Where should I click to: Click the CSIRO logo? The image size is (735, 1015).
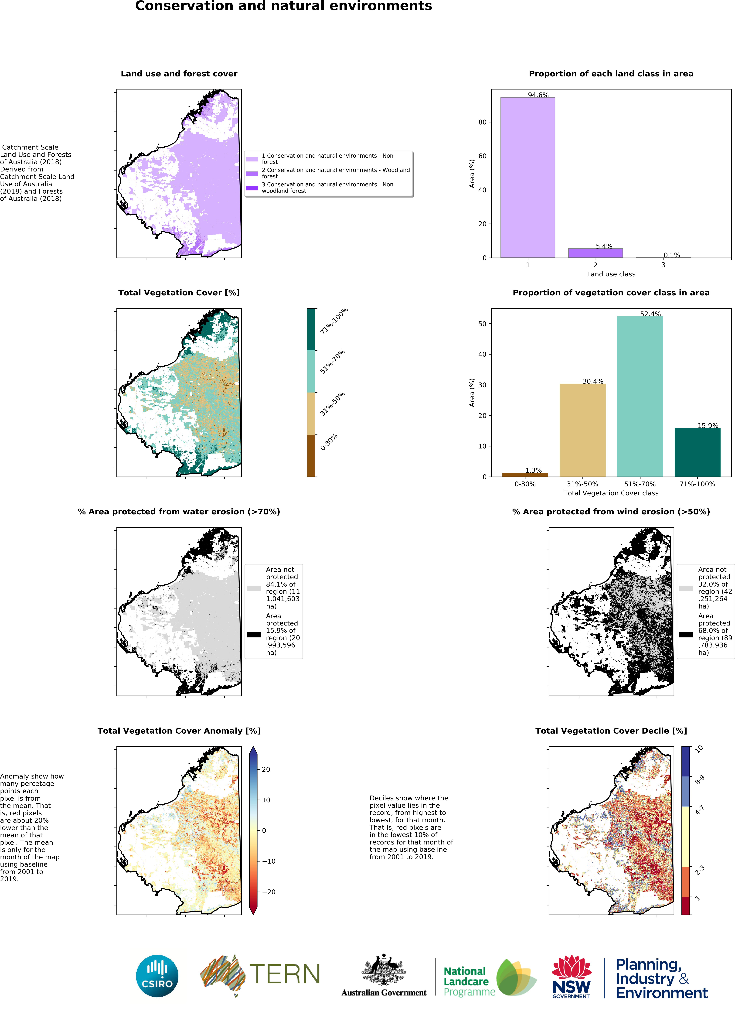tap(157, 976)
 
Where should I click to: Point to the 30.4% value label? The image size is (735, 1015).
tap(593, 381)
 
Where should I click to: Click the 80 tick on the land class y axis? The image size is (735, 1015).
tap(482, 122)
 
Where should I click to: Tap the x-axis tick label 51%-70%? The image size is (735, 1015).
tap(640, 484)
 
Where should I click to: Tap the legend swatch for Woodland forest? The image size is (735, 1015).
tap(252, 173)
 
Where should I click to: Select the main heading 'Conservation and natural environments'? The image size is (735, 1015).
tap(284, 6)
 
